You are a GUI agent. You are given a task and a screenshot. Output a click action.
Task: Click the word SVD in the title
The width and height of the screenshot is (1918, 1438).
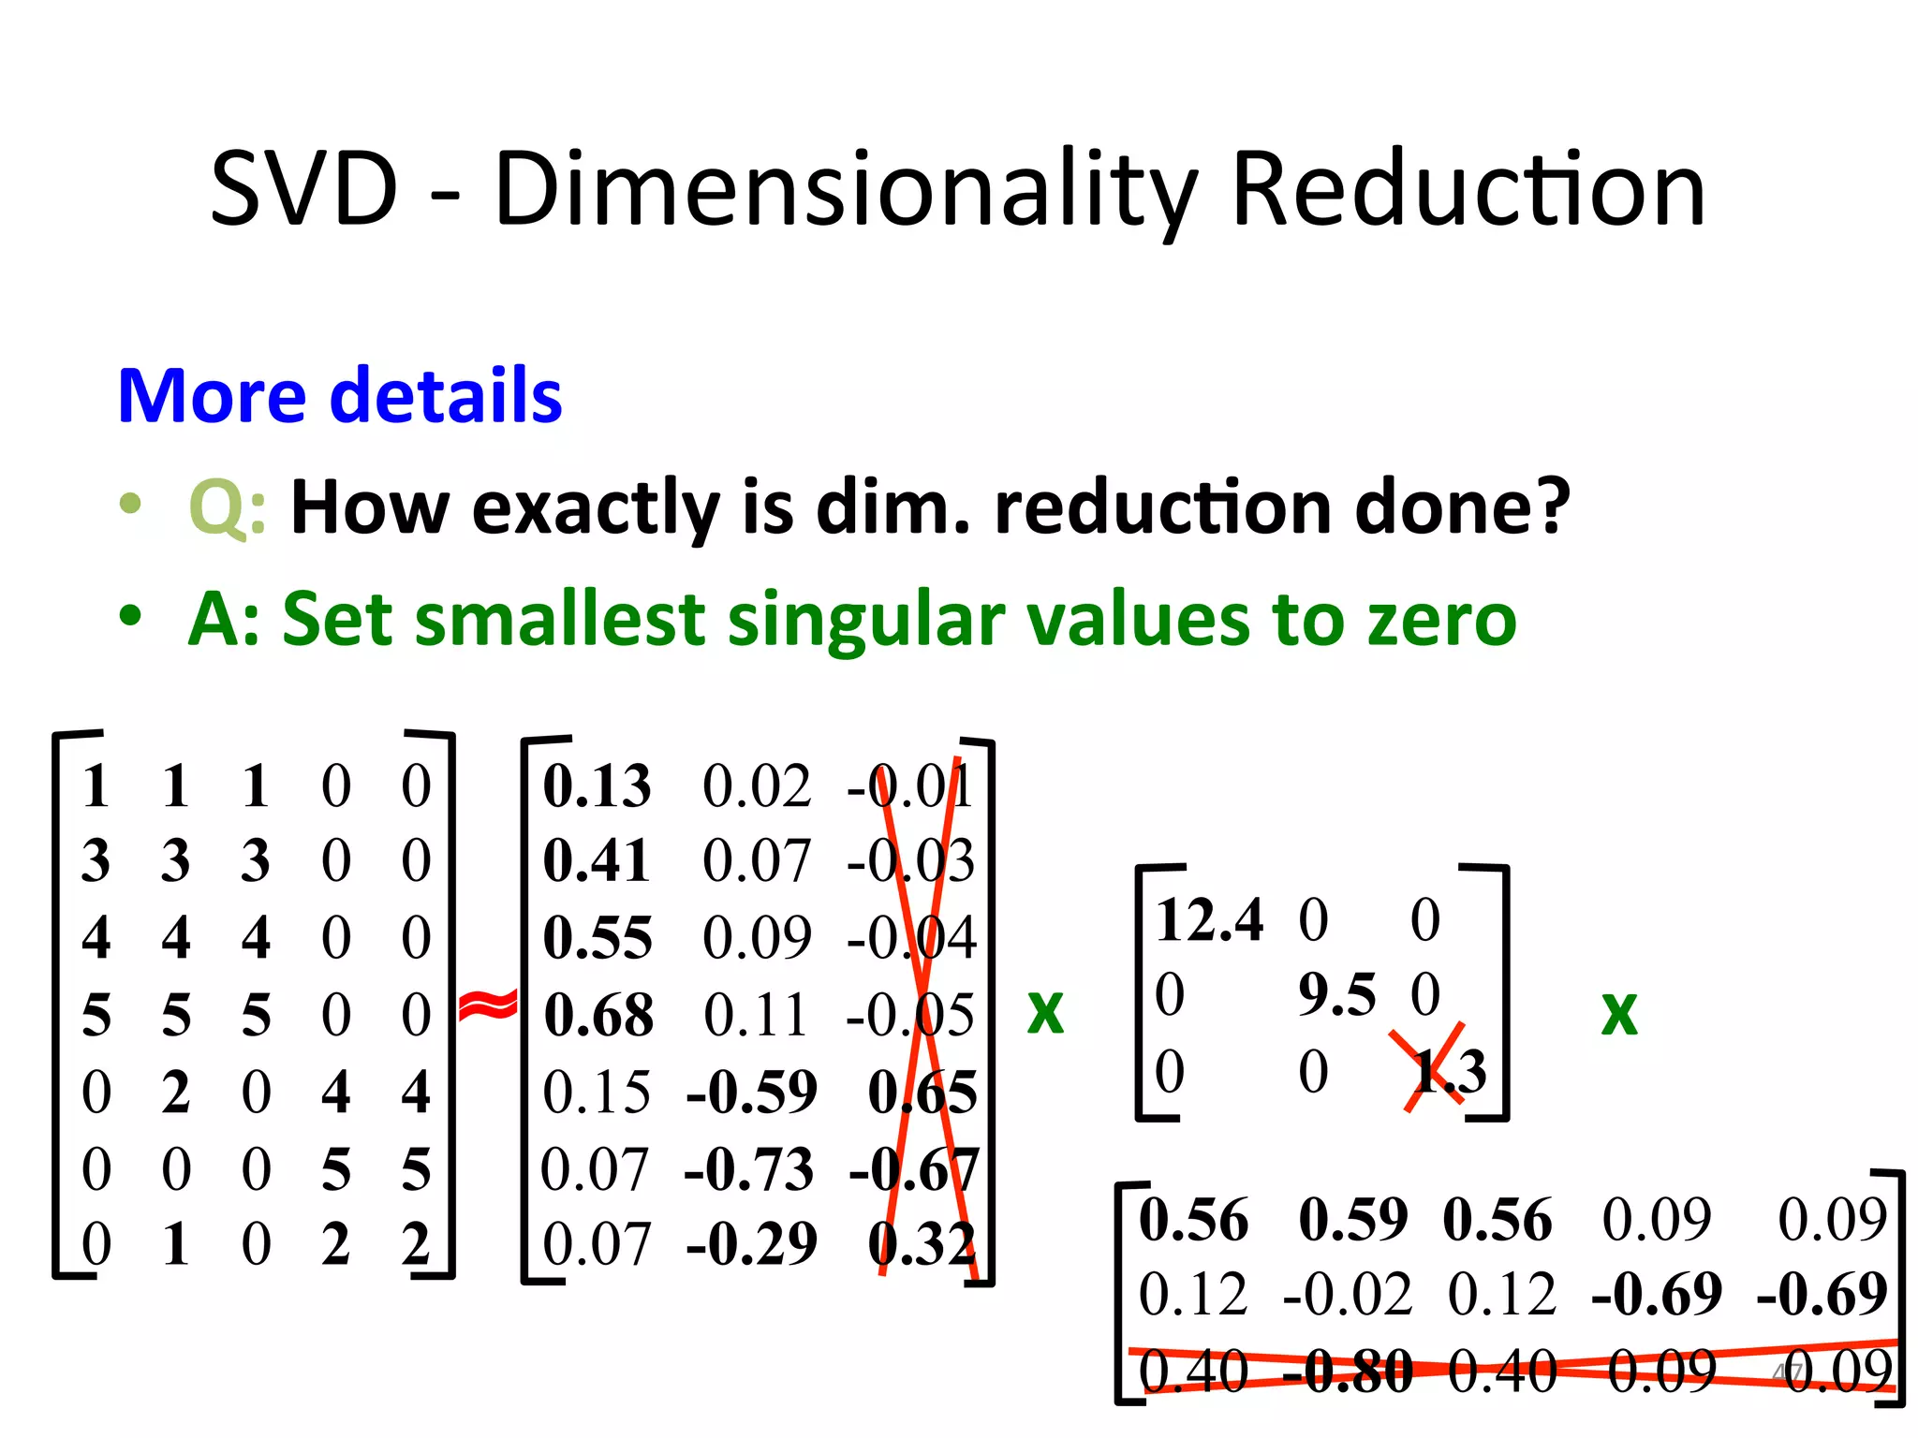tap(304, 190)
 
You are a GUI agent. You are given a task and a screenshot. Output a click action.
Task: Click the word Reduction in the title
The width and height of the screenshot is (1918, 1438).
tap(1468, 190)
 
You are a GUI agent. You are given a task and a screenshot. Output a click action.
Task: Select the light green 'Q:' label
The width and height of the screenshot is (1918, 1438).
tap(228, 507)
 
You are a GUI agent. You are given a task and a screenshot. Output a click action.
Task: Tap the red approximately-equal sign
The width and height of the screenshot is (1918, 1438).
tap(488, 1006)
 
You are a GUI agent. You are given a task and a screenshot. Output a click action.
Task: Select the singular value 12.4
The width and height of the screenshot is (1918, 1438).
tap(1209, 919)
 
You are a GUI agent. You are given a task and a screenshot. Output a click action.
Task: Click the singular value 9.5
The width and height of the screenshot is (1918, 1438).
tap(1336, 994)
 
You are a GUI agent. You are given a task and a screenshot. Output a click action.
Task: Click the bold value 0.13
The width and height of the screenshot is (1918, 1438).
tap(597, 785)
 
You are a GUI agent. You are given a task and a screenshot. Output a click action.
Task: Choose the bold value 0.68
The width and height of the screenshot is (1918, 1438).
tap(598, 1015)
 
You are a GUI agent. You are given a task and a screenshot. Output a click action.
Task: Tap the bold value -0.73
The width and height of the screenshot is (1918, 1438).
tap(749, 1169)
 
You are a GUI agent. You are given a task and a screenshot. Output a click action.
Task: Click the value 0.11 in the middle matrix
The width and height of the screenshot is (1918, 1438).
tap(755, 1015)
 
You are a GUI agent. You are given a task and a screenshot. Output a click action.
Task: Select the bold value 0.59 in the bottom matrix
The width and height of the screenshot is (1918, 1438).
tap(1353, 1220)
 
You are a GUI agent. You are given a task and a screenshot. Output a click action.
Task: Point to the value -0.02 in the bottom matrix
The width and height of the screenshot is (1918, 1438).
tap(1347, 1295)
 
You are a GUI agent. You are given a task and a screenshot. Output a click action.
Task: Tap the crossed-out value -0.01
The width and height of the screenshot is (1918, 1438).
tap(910, 785)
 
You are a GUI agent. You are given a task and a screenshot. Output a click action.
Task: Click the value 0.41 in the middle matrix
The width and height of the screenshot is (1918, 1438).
tap(597, 861)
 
